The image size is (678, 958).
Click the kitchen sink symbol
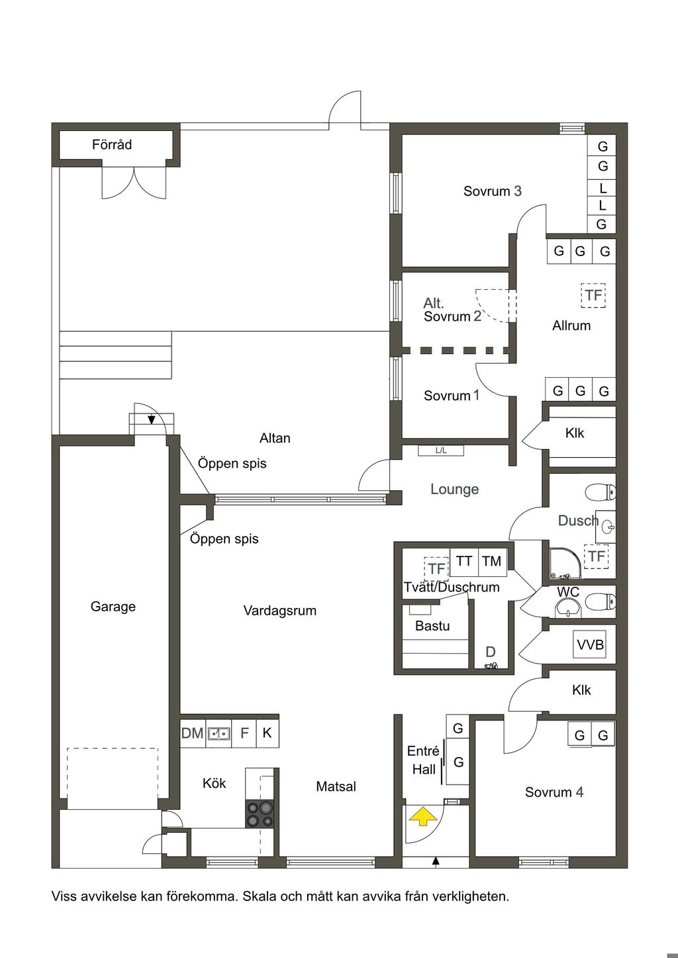coord(219,734)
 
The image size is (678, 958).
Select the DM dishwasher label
coord(192,734)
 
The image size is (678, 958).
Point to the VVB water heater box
coord(589,644)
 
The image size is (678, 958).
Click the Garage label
coord(113,607)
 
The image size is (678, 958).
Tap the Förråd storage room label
coord(112,144)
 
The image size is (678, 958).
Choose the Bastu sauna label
coord(432,626)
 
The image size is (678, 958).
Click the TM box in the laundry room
coord(492,560)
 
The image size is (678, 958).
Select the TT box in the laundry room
coord(464,560)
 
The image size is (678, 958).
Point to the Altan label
coord(275,438)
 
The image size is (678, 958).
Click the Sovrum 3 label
coord(492,191)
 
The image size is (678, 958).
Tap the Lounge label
coord(455,490)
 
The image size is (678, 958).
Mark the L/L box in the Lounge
coord(441,451)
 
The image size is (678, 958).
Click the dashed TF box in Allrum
coord(593,295)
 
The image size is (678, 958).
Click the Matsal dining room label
coord(336,787)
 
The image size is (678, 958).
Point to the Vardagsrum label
coord(280,611)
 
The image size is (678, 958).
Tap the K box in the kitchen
coord(267,733)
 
